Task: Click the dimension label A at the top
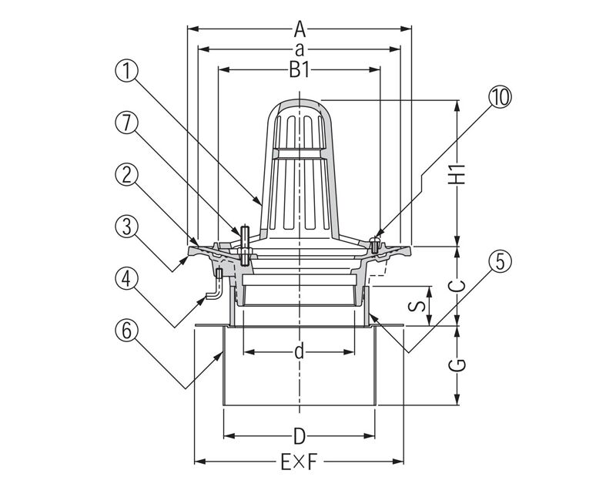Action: (x=300, y=30)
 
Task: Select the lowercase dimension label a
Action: (x=300, y=49)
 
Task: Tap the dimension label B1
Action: (x=300, y=70)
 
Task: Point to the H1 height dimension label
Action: (x=459, y=174)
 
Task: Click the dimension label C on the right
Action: (x=459, y=285)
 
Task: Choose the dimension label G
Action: (x=459, y=364)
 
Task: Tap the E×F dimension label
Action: (x=299, y=462)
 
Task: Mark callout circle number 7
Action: (x=128, y=123)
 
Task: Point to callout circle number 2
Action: (x=128, y=174)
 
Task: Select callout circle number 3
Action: (x=128, y=226)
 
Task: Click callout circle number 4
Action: (x=128, y=277)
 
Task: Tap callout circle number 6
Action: (x=128, y=329)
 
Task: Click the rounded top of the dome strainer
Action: (x=300, y=103)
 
